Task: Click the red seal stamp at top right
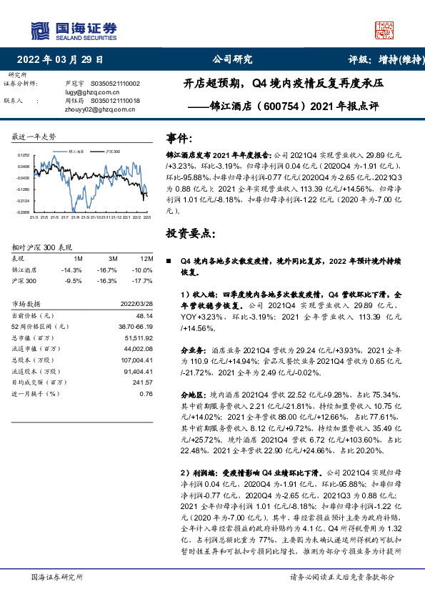(385, 29)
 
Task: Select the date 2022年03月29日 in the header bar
(65, 60)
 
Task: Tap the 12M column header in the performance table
(147, 257)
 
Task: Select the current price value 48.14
(145, 315)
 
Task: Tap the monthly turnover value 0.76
(146, 393)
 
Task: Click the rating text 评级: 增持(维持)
(381, 60)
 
